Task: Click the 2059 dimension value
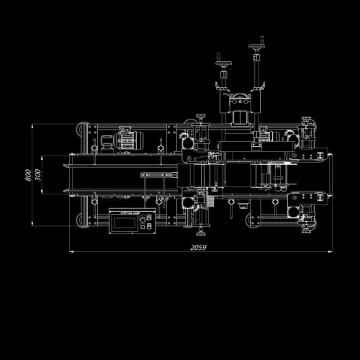coord(198,248)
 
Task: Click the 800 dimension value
coord(28,175)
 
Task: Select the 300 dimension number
coord(37,175)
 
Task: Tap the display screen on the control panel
coord(125,222)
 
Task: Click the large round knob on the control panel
coord(142,218)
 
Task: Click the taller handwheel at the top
coord(258,45)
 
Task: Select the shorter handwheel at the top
coord(223,63)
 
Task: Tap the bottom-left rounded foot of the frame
coord(79,220)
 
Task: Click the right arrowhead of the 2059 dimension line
coord(330,251)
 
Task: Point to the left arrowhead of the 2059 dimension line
coord(71,251)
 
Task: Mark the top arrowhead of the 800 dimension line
coord(32,126)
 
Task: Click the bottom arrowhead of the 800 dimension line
coord(32,224)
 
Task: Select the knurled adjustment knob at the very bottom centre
coord(200,233)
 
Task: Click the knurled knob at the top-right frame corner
coord(306,120)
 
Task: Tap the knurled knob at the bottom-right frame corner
coord(306,230)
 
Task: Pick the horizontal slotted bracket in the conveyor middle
coord(159,175)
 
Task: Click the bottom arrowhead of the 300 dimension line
coord(42,192)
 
